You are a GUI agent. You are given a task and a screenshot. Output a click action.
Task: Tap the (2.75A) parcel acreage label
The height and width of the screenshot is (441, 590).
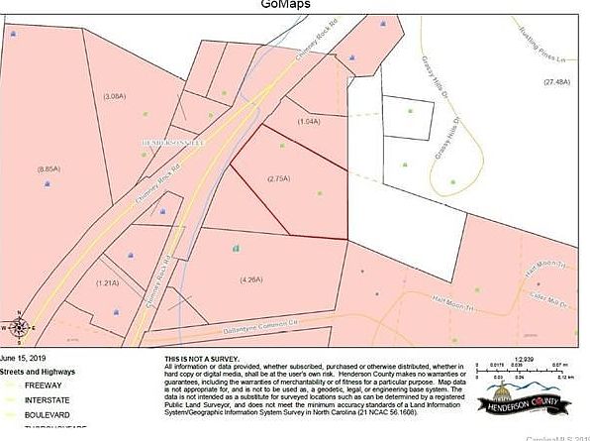coord(278,178)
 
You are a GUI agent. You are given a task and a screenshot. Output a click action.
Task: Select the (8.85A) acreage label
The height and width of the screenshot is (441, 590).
coord(49,169)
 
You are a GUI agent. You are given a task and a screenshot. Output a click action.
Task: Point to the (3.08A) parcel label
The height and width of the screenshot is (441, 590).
coord(114,96)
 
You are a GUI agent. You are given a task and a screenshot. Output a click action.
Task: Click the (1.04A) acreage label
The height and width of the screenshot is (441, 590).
coord(308,121)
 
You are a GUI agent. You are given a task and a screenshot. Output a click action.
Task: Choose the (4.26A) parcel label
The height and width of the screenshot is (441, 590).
coord(250,279)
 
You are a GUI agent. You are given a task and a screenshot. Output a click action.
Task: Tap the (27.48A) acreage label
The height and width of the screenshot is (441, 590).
coord(556,82)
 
